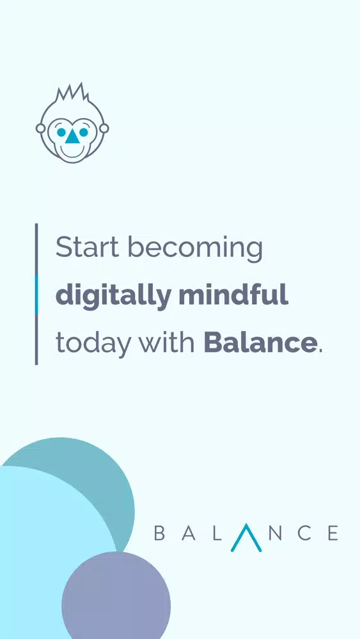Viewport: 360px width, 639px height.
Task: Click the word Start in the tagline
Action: [87, 247]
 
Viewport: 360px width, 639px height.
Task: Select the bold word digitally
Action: [113, 296]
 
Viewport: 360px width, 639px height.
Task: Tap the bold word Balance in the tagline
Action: [260, 343]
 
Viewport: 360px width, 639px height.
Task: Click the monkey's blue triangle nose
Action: [72, 137]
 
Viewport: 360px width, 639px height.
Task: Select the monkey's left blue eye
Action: [61, 132]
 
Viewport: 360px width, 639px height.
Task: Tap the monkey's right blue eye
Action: [83, 132]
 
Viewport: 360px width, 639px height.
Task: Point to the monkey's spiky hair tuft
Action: [72, 92]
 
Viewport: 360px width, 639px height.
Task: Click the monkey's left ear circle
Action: [40, 128]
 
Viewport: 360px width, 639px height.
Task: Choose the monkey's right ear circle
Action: [104, 128]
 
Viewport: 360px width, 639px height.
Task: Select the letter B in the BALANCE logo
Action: [159, 533]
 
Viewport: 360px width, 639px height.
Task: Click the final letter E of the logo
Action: [333, 533]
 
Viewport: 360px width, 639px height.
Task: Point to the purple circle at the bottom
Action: [116, 596]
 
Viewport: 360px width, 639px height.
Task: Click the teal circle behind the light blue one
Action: [102, 481]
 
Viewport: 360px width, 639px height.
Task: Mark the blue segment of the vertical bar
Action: [36, 295]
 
